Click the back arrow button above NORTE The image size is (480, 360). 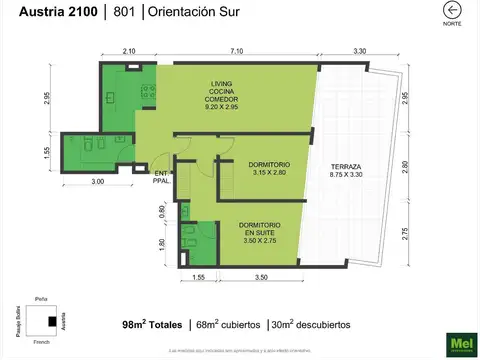(x=452, y=10)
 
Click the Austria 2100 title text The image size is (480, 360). (x=42, y=12)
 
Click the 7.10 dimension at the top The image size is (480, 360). (x=236, y=51)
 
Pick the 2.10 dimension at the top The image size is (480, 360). (x=129, y=51)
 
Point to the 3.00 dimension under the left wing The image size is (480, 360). (x=97, y=181)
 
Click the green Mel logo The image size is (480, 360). (x=463, y=342)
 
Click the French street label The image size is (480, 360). (x=42, y=342)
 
